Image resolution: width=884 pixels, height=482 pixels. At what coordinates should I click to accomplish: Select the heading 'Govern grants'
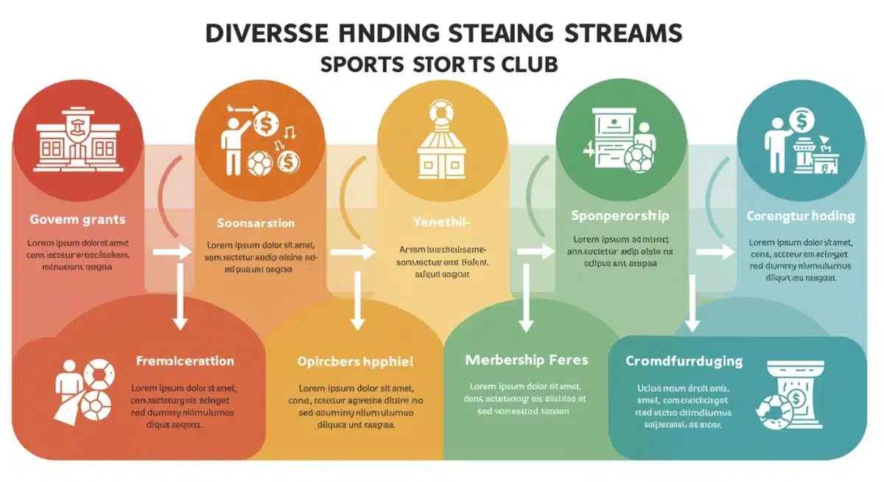coord(77,220)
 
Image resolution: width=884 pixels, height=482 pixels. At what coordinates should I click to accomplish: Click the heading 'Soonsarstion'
coord(256,223)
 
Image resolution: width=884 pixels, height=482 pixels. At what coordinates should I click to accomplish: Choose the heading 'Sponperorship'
coord(620,216)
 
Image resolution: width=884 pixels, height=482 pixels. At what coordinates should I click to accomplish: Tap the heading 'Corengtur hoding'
coord(800,217)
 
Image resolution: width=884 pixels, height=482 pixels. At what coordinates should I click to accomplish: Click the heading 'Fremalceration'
coord(185,361)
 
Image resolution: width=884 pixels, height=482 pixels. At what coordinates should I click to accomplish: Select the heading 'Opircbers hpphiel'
coord(355,362)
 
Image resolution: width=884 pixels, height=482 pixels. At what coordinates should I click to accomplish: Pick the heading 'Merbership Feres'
coord(527,360)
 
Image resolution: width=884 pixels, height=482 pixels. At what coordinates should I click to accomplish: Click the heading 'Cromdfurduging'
coord(684,361)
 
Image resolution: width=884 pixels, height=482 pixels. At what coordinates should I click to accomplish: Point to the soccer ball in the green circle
coord(637,157)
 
